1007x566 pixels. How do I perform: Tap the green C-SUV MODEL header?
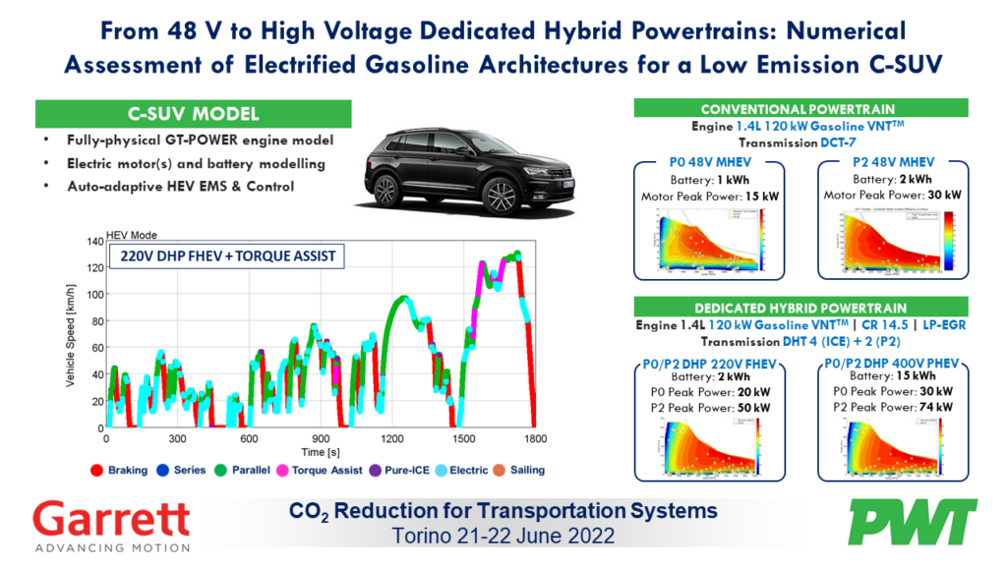coord(192,114)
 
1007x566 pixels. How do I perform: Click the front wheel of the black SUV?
coord(496,194)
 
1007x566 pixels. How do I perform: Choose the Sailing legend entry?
coord(515,470)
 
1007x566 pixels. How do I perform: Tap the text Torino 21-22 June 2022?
coord(503,537)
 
